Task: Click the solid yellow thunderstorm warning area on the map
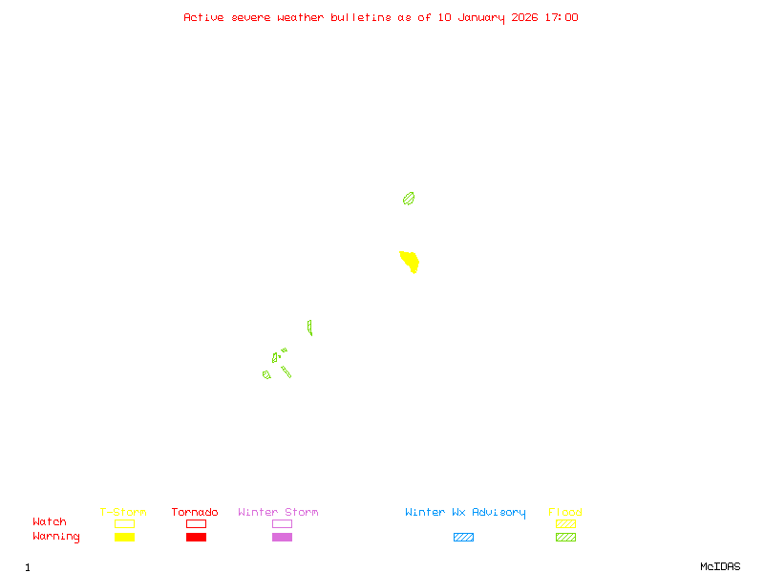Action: click(410, 261)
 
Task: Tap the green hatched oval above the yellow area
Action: click(409, 199)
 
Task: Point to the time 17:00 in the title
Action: click(561, 17)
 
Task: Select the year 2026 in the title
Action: click(525, 17)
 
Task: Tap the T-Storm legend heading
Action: click(123, 513)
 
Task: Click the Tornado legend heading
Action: click(195, 513)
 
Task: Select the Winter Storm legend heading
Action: click(278, 513)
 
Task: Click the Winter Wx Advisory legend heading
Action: click(465, 513)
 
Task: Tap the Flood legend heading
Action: click(565, 513)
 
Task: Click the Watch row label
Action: click(50, 522)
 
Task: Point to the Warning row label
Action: click(56, 537)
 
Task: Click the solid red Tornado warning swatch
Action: click(196, 538)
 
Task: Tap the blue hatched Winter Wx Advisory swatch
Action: click(463, 538)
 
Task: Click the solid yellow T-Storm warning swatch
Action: click(124, 538)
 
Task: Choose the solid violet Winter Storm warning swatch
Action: click(282, 538)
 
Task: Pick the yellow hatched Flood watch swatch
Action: click(565, 524)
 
